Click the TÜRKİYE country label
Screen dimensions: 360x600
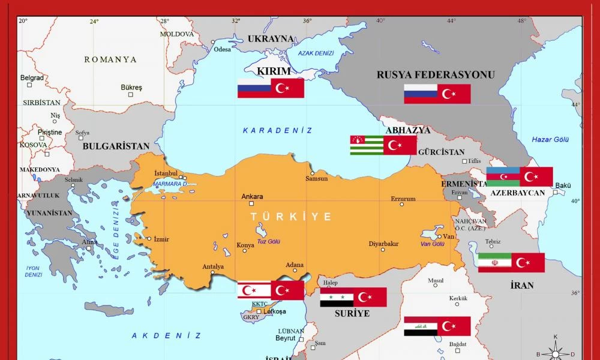(291, 217)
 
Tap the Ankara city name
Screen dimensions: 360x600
(252, 196)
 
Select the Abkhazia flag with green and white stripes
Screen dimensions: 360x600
(367, 145)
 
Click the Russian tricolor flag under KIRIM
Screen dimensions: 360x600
(254, 88)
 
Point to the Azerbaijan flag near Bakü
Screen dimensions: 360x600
(503, 176)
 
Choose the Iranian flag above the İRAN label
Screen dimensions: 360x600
(494, 263)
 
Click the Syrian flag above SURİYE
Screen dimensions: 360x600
(337, 297)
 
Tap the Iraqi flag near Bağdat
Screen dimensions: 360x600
(420, 326)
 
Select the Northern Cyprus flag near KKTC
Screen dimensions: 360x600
(254, 290)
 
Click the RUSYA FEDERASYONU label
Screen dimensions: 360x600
(436, 75)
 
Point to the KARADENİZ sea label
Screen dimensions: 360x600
(277, 130)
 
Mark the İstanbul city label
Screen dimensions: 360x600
(166, 174)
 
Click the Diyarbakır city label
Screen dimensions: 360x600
(383, 244)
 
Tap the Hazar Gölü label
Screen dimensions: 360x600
(550, 140)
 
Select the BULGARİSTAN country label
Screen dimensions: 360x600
(116, 146)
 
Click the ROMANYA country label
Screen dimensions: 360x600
(110, 59)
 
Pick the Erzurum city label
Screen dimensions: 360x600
(403, 199)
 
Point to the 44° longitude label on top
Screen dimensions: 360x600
(452, 20)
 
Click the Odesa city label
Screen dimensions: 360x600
(222, 49)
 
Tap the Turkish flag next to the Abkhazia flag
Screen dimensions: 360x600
(400, 145)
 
